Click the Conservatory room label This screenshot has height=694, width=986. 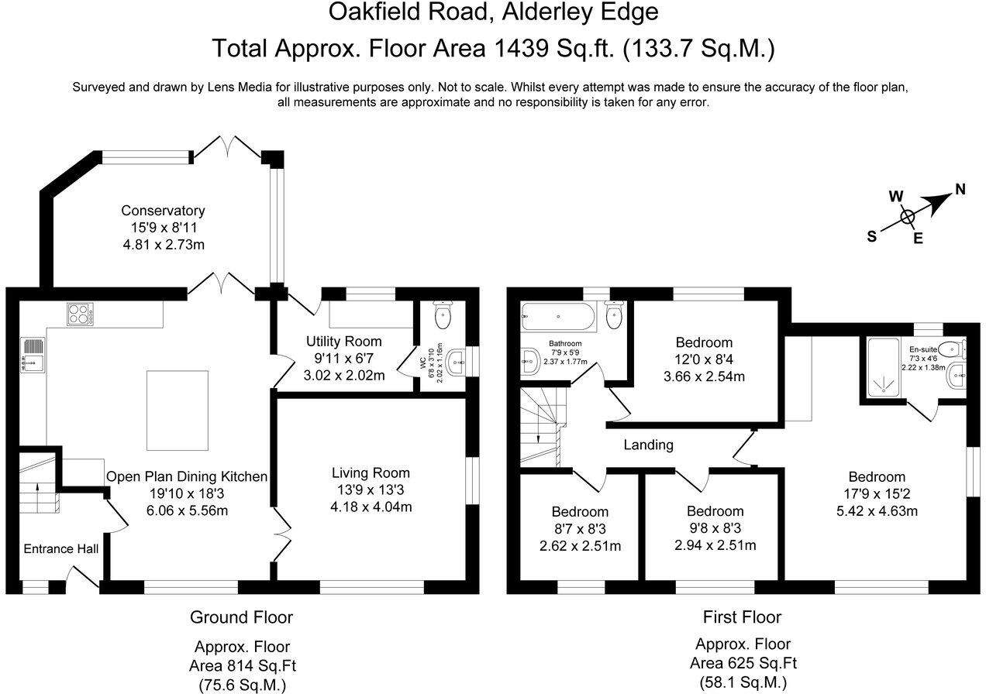click(x=162, y=211)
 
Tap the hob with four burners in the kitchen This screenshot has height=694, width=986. click(x=80, y=314)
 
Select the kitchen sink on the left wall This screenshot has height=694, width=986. click(x=32, y=355)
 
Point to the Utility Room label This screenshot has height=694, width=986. click(x=343, y=342)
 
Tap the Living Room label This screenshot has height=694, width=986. click(x=371, y=472)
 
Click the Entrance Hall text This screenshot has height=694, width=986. click(x=60, y=549)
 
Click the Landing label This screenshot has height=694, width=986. click(x=649, y=445)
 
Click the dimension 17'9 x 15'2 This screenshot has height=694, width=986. click(x=876, y=494)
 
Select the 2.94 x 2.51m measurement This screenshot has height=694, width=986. click(x=715, y=545)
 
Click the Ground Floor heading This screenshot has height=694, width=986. click(x=241, y=617)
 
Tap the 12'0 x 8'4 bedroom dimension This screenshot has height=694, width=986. click(x=704, y=360)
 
